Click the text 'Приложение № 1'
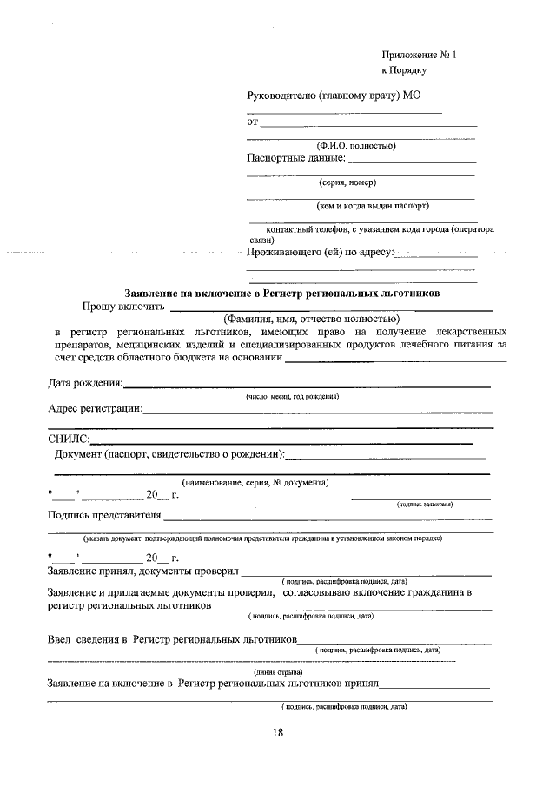click(419, 55)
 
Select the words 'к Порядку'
click(404, 70)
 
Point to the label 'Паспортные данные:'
click(296, 158)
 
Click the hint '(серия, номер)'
click(347, 182)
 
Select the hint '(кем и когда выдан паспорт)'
click(372, 206)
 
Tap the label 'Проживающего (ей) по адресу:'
click(321, 254)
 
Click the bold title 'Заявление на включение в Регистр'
click(282, 294)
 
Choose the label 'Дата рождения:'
click(85, 383)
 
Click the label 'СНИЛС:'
click(69, 440)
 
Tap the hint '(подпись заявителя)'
click(424, 504)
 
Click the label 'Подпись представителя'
click(104, 515)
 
